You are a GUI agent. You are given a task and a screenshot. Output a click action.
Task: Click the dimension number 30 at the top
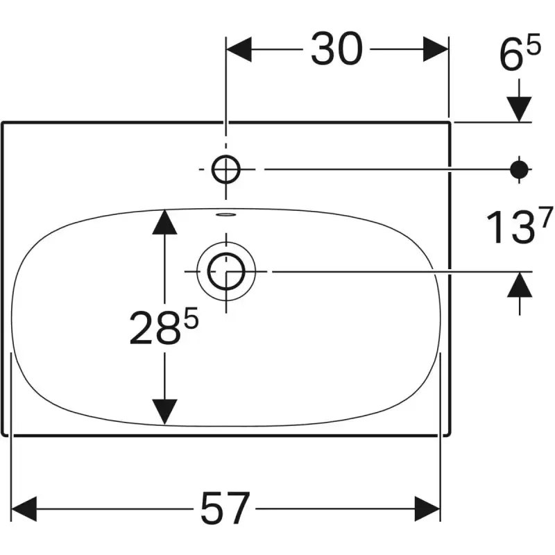336,50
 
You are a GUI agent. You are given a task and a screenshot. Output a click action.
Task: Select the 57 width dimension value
224,509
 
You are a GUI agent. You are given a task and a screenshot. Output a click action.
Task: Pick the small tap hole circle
226,169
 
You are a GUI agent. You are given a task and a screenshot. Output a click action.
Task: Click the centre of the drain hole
226,271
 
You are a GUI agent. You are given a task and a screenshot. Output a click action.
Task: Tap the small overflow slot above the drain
226,214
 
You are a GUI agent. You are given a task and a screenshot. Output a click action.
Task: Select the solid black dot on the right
520,169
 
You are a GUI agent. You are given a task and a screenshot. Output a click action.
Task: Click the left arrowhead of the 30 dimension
239,50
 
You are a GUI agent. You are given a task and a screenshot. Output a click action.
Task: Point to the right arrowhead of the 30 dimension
436,50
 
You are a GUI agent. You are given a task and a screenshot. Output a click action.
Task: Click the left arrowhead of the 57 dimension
25,509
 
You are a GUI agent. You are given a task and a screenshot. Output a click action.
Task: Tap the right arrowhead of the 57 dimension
428,509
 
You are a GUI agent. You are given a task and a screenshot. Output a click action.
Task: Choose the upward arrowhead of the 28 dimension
164,221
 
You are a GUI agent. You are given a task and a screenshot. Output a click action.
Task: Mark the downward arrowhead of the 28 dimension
164,411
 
